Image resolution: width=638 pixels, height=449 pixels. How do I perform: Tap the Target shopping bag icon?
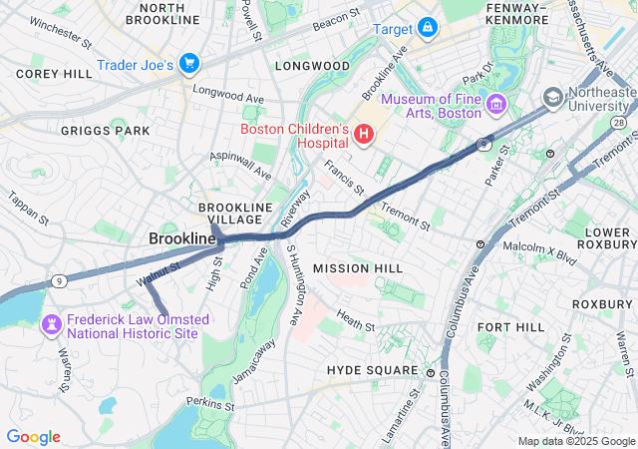click(x=427, y=27)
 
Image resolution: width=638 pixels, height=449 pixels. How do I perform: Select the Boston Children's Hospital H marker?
click(x=364, y=133)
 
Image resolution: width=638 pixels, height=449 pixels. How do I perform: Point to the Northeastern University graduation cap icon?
click(x=552, y=97)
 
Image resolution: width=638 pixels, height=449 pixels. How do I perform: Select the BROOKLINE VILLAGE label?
click(x=235, y=214)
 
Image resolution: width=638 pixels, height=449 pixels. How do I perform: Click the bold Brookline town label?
click(x=181, y=239)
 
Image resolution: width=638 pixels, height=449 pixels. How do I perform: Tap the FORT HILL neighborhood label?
click(x=510, y=327)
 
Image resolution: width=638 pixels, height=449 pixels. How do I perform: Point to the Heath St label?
click(x=355, y=320)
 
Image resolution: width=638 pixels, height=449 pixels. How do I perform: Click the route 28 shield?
click(x=618, y=122)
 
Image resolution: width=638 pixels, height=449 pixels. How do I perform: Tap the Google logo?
click(x=33, y=437)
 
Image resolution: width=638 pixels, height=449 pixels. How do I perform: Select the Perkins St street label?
click(x=208, y=404)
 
